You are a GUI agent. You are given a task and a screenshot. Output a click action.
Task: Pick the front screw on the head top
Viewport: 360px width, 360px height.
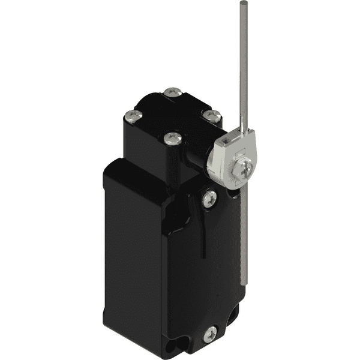click(x=172, y=139)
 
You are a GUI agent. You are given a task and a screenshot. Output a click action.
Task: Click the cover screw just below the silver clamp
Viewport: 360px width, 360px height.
click(x=209, y=198)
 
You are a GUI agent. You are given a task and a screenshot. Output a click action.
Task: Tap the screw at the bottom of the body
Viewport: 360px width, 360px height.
click(x=210, y=334)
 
